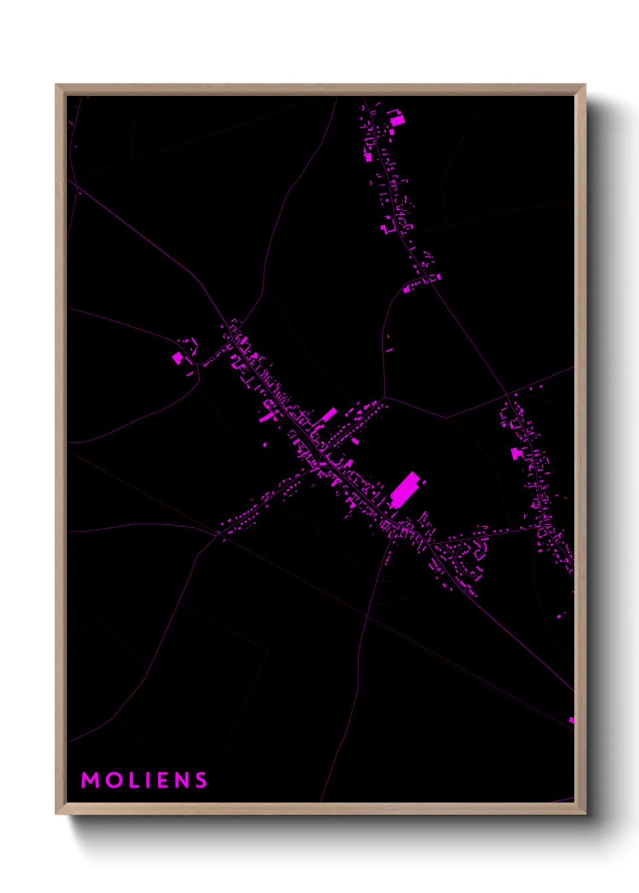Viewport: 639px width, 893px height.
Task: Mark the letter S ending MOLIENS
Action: [202, 780]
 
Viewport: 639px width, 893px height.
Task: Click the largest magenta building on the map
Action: [405, 489]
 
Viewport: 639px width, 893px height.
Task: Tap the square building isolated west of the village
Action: [178, 358]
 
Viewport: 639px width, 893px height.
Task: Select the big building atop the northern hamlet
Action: [397, 121]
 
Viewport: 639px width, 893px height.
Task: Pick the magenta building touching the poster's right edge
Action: [571, 720]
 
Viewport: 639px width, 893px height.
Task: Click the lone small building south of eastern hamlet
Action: [562, 615]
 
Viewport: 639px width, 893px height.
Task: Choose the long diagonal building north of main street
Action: [330, 415]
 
